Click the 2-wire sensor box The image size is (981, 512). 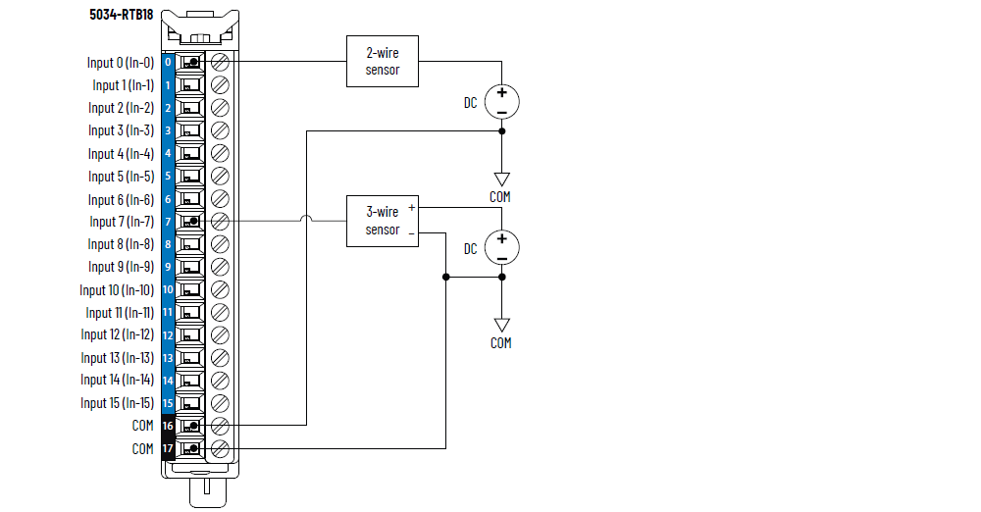[383, 62]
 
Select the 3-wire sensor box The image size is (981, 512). [383, 221]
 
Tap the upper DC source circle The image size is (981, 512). [501, 102]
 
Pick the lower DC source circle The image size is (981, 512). [501, 248]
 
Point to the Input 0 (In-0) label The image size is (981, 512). [120, 63]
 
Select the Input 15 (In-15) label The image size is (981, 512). [117, 403]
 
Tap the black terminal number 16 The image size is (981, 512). [168, 426]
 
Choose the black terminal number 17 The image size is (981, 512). [168, 449]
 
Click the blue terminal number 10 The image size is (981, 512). [168, 290]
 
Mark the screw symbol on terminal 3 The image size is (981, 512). [221, 130]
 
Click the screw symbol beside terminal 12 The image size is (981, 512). [221, 335]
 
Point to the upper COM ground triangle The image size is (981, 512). [501, 179]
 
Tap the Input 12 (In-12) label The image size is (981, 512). [117, 335]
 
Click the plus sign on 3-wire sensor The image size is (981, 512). [412, 208]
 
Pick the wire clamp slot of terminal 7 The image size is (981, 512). [190, 222]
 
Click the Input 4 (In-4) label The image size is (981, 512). [121, 154]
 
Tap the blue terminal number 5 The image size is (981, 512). [168, 177]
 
